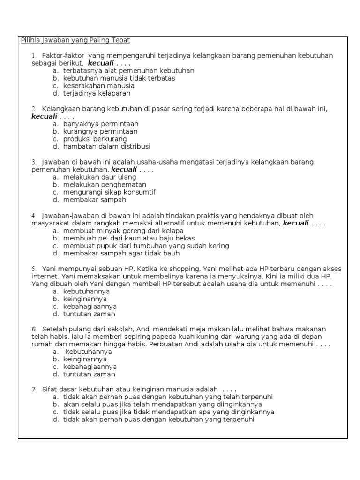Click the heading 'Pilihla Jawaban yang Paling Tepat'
75,40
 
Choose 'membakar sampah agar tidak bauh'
121,253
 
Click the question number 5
34,269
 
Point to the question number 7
34,389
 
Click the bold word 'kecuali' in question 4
295,223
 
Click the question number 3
34,162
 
